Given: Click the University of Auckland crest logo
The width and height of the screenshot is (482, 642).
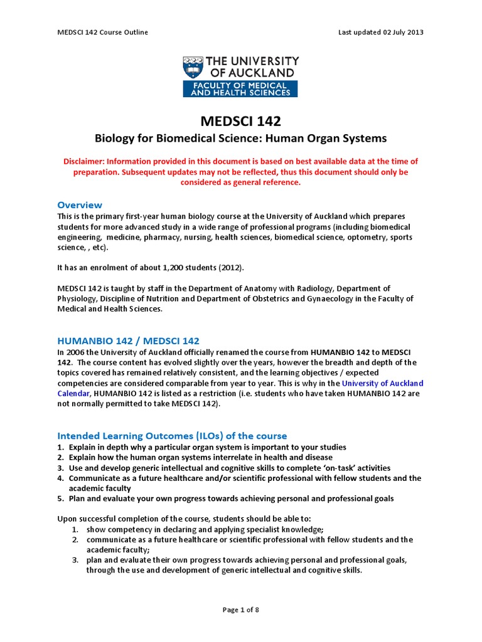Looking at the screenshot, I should [x=193, y=66].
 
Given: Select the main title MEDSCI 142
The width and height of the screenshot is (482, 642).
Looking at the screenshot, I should [x=240, y=122].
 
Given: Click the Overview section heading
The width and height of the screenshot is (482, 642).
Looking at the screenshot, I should [x=80, y=205].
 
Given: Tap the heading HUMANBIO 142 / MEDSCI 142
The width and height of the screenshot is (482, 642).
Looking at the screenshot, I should [x=128, y=340].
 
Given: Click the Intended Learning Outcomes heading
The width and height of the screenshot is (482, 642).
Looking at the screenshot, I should [x=172, y=436].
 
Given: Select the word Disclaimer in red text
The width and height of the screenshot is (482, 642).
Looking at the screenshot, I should [x=85, y=162].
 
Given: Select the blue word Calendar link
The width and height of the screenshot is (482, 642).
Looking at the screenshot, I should [x=75, y=393].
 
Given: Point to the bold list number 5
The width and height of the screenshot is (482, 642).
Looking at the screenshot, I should [x=61, y=498].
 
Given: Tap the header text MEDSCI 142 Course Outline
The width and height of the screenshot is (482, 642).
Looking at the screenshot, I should [x=103, y=32].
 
